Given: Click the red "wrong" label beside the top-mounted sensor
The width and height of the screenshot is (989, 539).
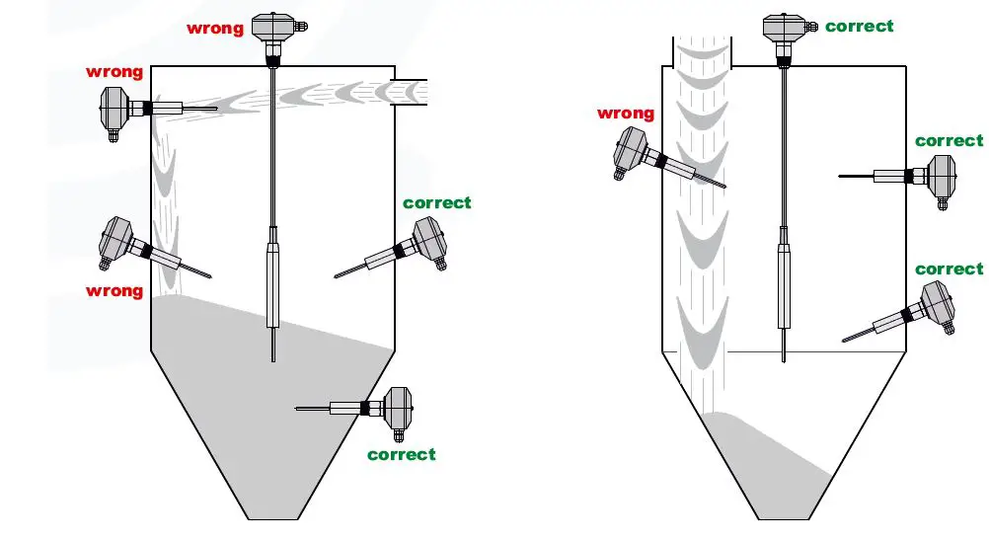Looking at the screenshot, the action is (215, 29).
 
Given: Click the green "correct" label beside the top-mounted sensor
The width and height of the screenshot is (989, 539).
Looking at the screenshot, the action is (859, 27).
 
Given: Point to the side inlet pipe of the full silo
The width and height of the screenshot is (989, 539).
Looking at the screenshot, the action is (410, 93).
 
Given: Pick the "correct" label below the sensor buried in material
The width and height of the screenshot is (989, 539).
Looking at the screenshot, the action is (401, 454).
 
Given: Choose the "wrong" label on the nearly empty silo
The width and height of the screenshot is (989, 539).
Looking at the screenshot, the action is (626, 114).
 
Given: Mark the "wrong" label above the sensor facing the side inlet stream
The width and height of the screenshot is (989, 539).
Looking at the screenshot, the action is (114, 72).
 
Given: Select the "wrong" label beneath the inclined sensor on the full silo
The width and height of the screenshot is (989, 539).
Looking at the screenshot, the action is (114, 291).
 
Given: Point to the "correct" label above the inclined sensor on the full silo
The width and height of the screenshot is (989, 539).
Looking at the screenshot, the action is (437, 203).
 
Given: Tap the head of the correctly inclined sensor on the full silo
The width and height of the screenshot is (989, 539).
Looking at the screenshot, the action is (430, 242).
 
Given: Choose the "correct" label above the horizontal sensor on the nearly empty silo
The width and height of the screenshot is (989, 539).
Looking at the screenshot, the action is (950, 141).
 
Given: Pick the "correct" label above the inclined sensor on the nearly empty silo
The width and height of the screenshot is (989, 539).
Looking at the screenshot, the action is (950, 269).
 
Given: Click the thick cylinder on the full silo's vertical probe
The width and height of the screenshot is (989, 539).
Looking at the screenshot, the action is (273, 285).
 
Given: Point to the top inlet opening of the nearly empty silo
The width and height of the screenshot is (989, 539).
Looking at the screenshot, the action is (702, 51).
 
